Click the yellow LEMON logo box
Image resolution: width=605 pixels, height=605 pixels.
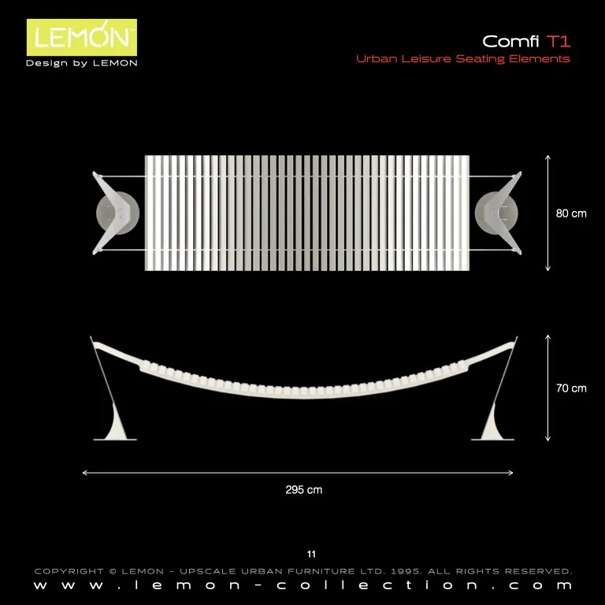(82, 38)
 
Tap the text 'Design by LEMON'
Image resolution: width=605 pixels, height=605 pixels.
(82, 63)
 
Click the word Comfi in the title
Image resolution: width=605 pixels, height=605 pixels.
(511, 41)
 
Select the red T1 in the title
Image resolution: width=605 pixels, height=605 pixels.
(559, 41)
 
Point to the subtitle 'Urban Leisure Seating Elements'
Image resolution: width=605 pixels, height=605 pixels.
(463, 59)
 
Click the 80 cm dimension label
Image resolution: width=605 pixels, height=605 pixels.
(571, 213)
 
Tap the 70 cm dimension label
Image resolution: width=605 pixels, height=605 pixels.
(571, 388)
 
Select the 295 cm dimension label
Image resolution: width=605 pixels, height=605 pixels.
(303, 490)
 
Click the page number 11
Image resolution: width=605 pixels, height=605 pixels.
(311, 555)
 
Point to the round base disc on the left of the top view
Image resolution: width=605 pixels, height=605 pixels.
(117, 213)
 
